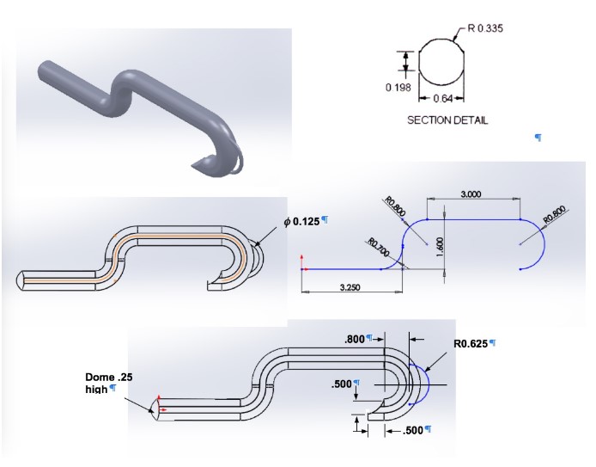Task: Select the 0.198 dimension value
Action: [x=398, y=87]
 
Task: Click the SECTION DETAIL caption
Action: [x=447, y=120]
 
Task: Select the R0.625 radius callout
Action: [x=471, y=343]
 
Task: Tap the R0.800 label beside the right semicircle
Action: [x=553, y=213]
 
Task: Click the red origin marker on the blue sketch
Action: [x=302, y=269]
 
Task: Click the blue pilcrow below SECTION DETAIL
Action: [x=538, y=137]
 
